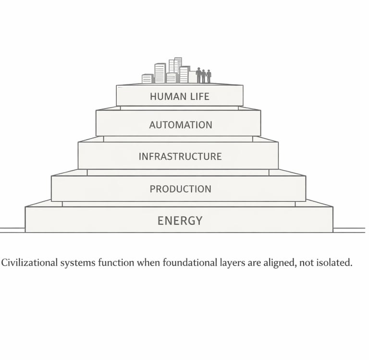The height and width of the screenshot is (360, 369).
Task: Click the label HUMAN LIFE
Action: tap(180, 96)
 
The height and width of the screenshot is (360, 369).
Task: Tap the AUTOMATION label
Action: tap(180, 125)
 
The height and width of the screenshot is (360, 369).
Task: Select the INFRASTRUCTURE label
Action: tap(180, 156)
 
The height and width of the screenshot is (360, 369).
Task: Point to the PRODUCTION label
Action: tap(180, 189)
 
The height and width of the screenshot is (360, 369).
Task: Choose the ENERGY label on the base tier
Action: tap(180, 221)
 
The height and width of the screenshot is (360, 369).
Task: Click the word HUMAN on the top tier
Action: tap(166, 96)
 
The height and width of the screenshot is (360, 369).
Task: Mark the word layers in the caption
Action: tap(231, 264)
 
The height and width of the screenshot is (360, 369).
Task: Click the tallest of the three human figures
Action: tap(198, 75)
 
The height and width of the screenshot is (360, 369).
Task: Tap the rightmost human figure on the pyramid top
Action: tap(209, 76)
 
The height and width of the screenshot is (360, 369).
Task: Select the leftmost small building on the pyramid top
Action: tap(147, 79)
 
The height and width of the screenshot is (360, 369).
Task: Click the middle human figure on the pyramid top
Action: tap(204, 76)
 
